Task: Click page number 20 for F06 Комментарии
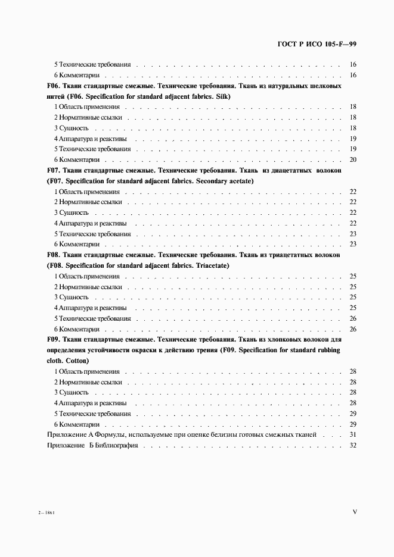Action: pos(352,159)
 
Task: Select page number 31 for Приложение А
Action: pos(352,435)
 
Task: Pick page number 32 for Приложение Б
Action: pos(352,446)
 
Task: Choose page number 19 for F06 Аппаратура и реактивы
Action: pos(352,139)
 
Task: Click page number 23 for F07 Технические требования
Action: pos(352,234)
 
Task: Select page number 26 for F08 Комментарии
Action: pos(352,329)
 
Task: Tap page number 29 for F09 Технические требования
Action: pos(352,414)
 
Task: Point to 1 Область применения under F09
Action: pos(86,371)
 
